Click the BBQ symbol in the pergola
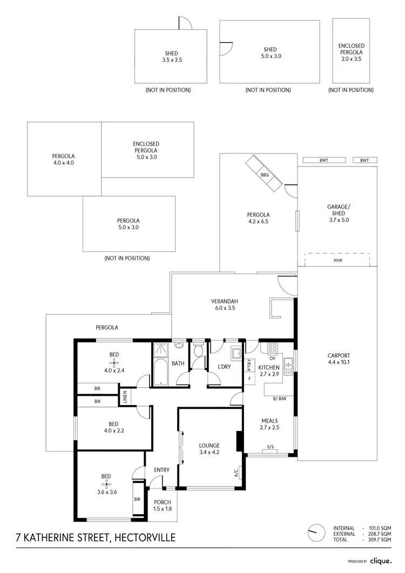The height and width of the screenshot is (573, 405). point(265,174)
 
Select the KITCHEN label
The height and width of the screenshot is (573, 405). point(269,367)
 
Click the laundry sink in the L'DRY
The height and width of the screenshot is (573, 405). point(237,354)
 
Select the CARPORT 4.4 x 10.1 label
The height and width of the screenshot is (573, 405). point(339,359)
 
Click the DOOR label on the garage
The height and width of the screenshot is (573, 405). point(338,260)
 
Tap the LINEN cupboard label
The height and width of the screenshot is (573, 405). point(125,397)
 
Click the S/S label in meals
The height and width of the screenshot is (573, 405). point(270,447)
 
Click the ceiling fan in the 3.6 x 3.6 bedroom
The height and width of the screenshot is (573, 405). point(106,484)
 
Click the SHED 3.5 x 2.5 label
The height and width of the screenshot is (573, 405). point(172,57)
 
